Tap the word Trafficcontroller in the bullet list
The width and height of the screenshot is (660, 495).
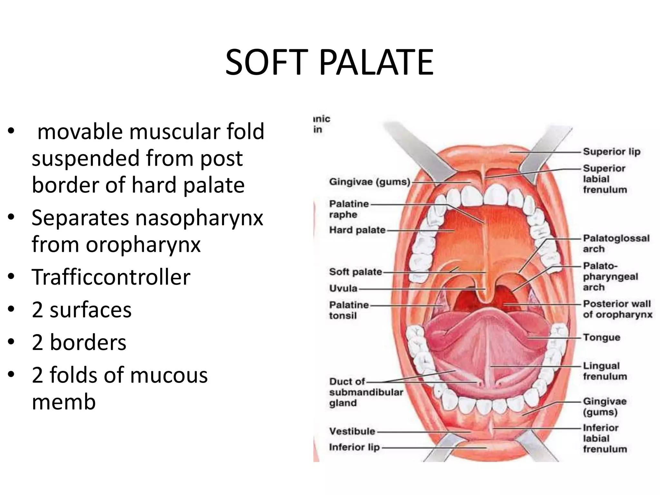[x=111, y=277]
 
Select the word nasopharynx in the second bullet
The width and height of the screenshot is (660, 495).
[x=199, y=218]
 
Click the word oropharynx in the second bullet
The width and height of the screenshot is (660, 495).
[x=143, y=244]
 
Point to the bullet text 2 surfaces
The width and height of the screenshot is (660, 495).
[x=82, y=310]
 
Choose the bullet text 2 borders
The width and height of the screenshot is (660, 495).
[x=79, y=342]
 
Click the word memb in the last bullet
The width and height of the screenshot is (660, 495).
[x=64, y=402]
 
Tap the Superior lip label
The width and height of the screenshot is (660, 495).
[x=611, y=151]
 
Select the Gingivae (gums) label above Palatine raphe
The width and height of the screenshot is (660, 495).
[x=369, y=182]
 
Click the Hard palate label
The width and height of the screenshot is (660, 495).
[x=357, y=230]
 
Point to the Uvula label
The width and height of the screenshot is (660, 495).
[x=343, y=288]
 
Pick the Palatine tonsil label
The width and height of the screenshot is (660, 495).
[x=348, y=310]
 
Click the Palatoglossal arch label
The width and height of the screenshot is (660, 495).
[x=616, y=244]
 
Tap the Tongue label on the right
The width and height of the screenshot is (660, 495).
[x=601, y=337]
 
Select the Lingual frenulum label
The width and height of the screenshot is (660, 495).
[x=605, y=371]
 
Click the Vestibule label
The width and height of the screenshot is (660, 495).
[x=352, y=431]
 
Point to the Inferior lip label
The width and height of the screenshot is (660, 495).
[x=354, y=447]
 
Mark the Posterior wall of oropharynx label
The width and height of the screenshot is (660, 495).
[x=617, y=309]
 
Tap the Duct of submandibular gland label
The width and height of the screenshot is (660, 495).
[x=366, y=392]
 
